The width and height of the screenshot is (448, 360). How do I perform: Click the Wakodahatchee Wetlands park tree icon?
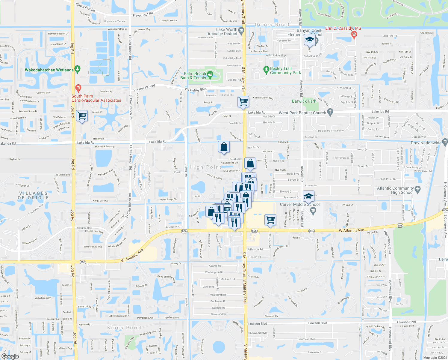pyautogui.click(x=78, y=70)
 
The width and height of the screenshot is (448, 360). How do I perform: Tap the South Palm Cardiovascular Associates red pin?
pyautogui.click(x=78, y=88)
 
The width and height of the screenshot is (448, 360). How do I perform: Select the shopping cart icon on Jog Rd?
pyautogui.click(x=82, y=115)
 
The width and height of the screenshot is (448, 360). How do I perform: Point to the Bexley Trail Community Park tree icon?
pyautogui.click(x=266, y=70)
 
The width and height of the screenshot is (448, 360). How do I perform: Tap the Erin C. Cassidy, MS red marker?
pyautogui.click(x=354, y=35)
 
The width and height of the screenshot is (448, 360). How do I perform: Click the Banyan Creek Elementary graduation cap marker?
pyautogui.click(x=310, y=40)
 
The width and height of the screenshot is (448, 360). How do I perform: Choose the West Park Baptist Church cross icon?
pyautogui.click(x=330, y=112)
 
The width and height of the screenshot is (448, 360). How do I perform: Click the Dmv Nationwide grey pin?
pyautogui.click(x=445, y=141)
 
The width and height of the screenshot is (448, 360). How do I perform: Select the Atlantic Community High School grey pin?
pyautogui.click(x=418, y=189)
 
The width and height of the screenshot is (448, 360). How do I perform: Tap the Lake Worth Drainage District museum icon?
pyautogui.click(x=241, y=30)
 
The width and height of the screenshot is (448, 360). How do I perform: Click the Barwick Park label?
pyautogui.click(x=304, y=101)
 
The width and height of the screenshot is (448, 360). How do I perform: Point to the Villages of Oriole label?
pyautogui.click(x=33, y=195)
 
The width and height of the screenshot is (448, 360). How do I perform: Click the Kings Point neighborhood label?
pyautogui.click(x=124, y=328)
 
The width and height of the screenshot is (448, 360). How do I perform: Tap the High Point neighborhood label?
pyautogui.click(x=205, y=167)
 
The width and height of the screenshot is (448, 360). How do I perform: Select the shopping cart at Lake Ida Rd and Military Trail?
pyautogui.click(x=243, y=101)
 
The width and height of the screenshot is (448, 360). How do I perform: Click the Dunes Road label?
pyautogui.click(x=272, y=25)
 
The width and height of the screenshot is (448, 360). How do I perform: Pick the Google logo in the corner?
pyautogui.click(x=10, y=356)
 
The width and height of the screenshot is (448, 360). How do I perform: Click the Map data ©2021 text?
pyautogui.click(x=435, y=358)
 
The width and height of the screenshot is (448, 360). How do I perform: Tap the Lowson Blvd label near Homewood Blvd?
pyautogui.click(x=406, y=322)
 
